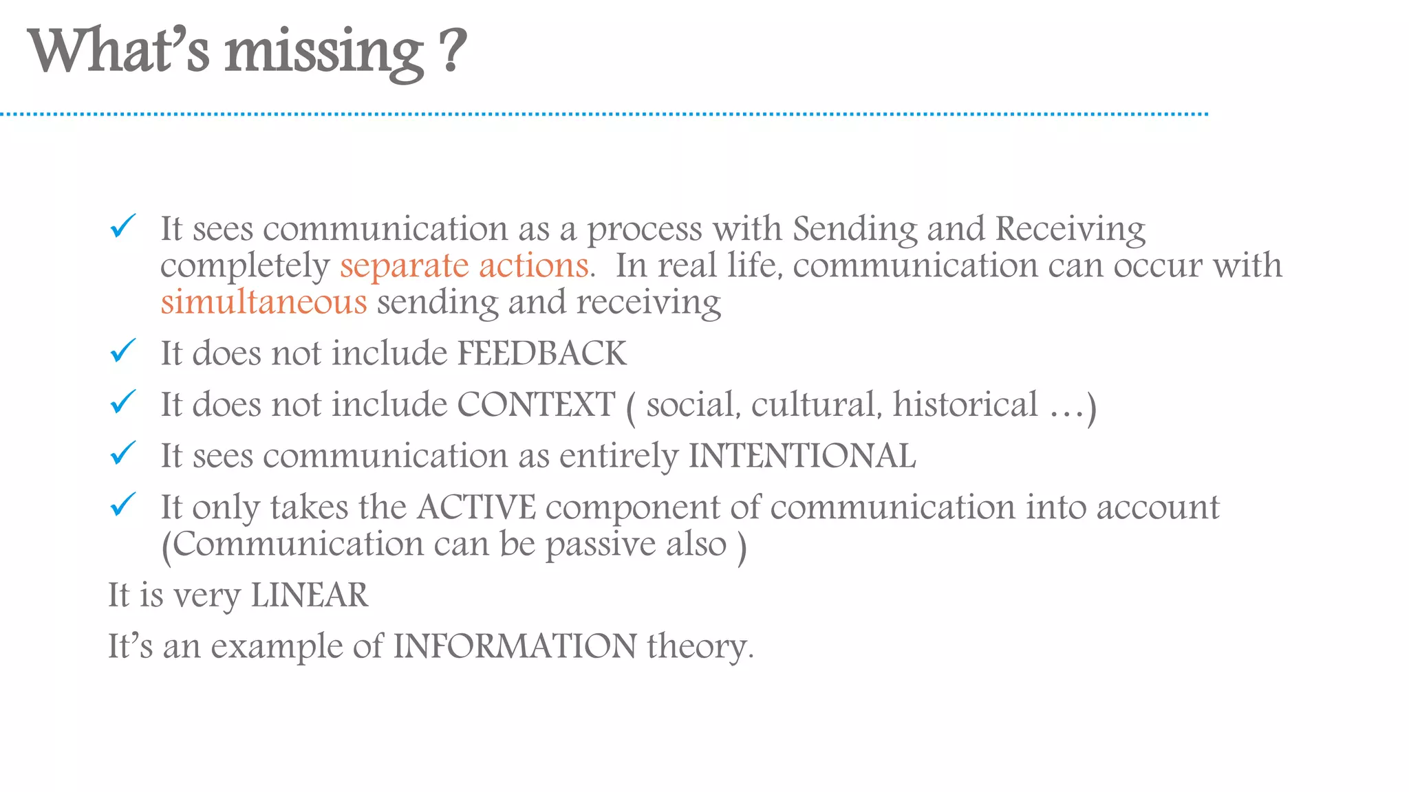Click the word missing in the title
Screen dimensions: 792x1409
(324, 53)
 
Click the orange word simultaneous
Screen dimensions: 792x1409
(263, 302)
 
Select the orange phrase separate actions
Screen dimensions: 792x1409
(464, 265)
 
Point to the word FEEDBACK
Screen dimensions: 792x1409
(542, 353)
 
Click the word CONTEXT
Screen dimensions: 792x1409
(536, 404)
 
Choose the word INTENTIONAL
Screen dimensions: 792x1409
(802, 456)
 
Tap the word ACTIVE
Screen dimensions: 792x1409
(476, 507)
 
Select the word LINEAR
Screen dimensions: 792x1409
(310, 595)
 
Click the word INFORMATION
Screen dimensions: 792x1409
(515, 646)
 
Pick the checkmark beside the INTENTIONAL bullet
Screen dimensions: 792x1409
(123, 453)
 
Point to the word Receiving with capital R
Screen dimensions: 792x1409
(1071, 229)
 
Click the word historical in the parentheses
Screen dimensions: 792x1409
(965, 404)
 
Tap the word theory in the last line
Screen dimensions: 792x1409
(700, 647)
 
